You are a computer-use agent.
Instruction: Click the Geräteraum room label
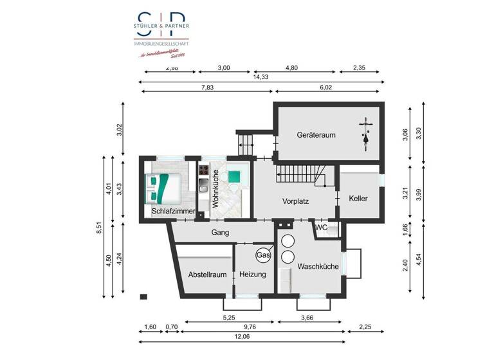click(316, 136)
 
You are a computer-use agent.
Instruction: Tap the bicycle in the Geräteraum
click(365, 134)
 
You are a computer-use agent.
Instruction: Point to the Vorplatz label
click(295, 201)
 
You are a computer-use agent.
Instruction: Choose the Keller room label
click(358, 199)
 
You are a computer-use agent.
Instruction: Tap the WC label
click(322, 228)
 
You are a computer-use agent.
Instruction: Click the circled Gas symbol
click(263, 255)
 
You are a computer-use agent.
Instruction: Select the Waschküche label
click(318, 266)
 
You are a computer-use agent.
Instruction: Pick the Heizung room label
click(252, 274)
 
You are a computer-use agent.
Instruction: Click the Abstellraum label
click(207, 274)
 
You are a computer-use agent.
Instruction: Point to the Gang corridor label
click(220, 232)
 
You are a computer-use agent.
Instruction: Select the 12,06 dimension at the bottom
click(242, 337)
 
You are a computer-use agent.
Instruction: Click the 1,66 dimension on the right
click(405, 228)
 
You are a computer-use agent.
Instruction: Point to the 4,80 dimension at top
click(291, 67)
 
